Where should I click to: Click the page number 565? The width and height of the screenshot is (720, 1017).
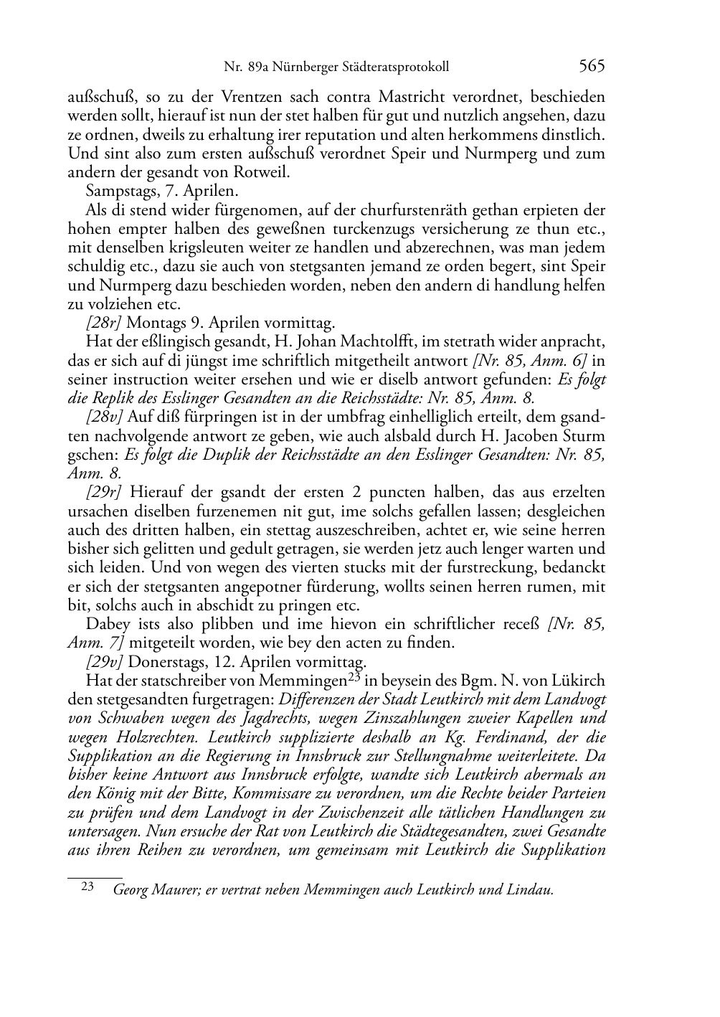[x=592, y=67]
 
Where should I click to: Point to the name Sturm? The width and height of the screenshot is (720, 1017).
[x=584, y=436]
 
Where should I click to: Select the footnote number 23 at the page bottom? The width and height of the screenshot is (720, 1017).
[x=88, y=887]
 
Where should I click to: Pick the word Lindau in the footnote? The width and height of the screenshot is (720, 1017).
[x=530, y=891]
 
